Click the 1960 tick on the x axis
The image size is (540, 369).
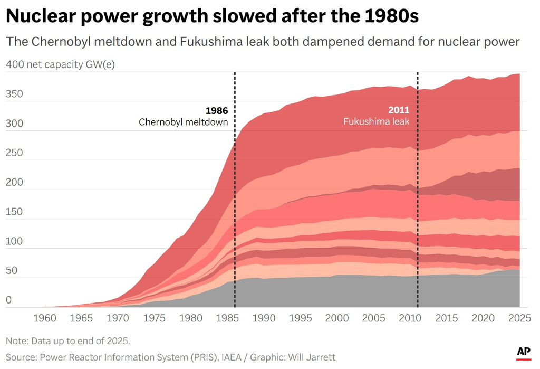45,318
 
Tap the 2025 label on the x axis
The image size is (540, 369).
519,318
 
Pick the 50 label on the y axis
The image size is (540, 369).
11,271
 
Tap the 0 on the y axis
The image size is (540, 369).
8,300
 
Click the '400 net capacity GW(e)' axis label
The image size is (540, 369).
60,65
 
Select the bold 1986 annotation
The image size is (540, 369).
217,111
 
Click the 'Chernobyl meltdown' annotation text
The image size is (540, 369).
184,122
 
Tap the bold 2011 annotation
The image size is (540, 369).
399,110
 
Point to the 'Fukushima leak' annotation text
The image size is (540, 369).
377,121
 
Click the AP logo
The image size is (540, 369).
523,352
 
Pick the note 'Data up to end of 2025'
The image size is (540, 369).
80,340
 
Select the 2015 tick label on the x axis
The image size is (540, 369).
447,318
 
